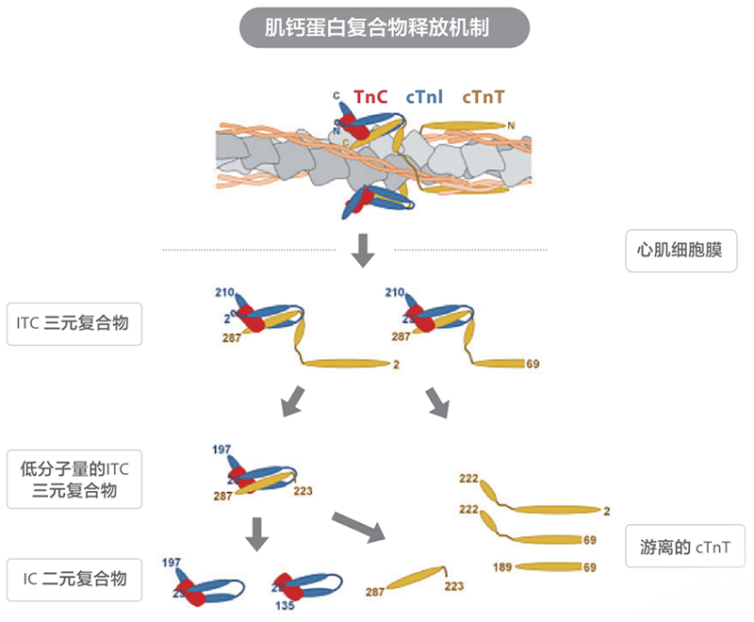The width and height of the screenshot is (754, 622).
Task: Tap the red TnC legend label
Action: pyautogui.click(x=370, y=96)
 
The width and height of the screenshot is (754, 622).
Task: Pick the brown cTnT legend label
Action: pyautogui.click(x=483, y=96)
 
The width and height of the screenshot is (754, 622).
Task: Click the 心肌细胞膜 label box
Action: pyautogui.click(x=681, y=252)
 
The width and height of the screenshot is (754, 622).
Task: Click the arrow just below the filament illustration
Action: pyautogui.click(x=363, y=249)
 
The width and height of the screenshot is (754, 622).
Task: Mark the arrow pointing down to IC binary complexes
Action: pyautogui.click(x=256, y=533)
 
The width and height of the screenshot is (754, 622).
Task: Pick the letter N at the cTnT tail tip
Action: pyautogui.click(x=511, y=125)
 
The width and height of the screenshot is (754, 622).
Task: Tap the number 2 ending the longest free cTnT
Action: pyautogui.click(x=607, y=511)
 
